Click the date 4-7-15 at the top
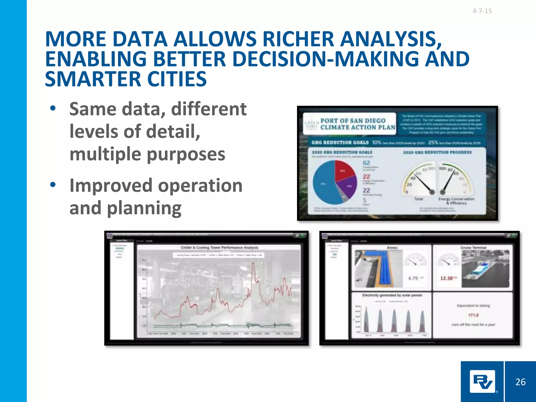482,11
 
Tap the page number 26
520,382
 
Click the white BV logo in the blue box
482,382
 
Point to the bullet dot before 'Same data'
53,108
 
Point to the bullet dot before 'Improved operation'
53,185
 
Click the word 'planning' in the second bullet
144,208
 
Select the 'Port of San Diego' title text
353,121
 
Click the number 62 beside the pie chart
366,163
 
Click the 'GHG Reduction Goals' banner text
340,142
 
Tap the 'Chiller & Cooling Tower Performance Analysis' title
219,248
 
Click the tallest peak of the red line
253,264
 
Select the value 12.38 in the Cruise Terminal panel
446,278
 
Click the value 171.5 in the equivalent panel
473,315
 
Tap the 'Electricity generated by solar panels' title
392,295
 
